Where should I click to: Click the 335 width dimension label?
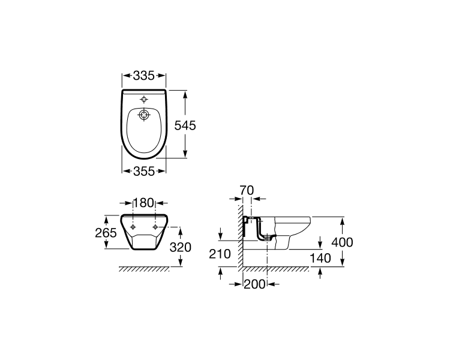coord(144,76)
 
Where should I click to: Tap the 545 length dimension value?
coord(185,125)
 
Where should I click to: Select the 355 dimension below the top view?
coord(144,171)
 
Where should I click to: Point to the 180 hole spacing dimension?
coord(144,203)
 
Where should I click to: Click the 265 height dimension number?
coord(106,233)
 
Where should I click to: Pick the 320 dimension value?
coord(180,247)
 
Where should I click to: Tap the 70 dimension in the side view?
coord(247,190)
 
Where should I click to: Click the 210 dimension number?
coord(220,254)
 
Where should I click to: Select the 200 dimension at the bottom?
coord(254,284)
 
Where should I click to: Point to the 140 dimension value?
coord(320,259)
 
